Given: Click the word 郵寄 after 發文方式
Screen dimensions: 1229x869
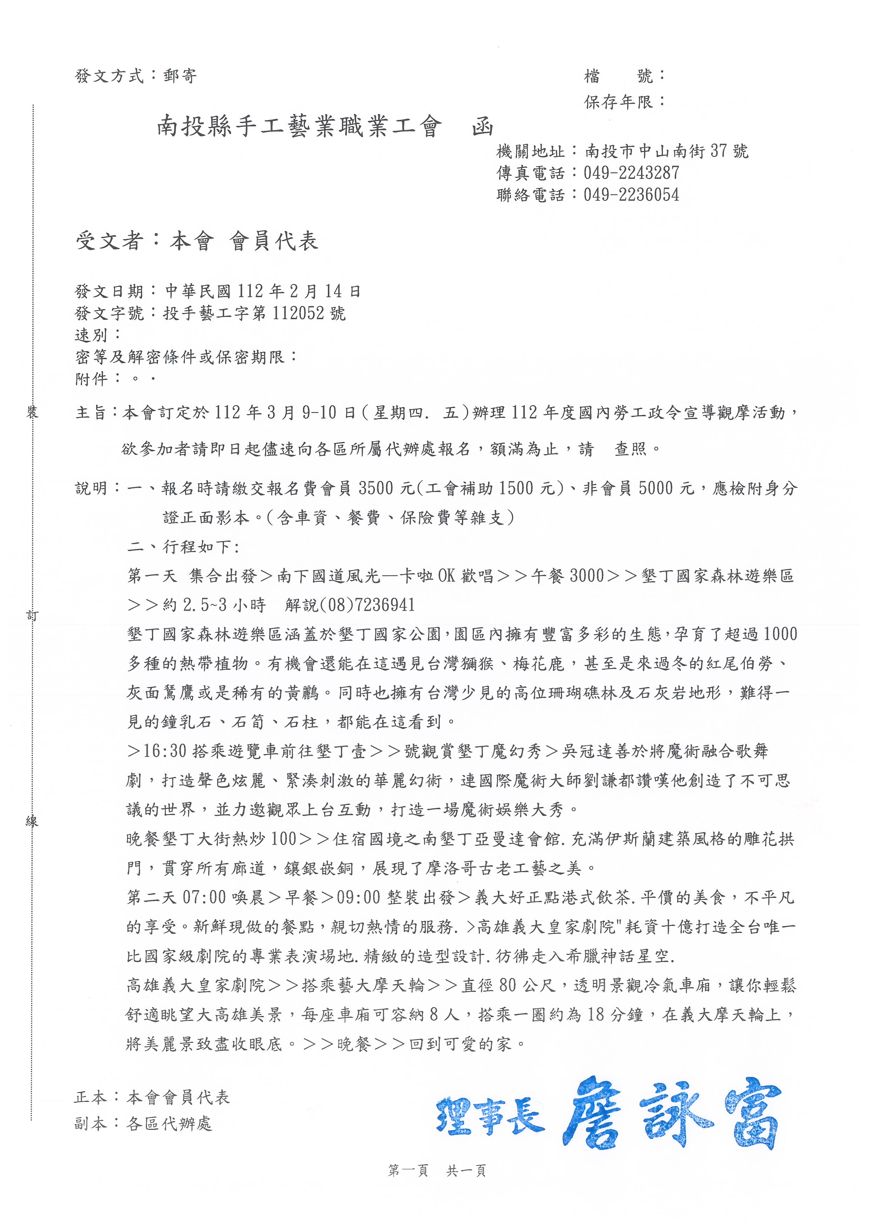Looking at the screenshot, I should pos(180,76).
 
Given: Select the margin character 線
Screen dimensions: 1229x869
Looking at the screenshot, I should pos(32,822).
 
